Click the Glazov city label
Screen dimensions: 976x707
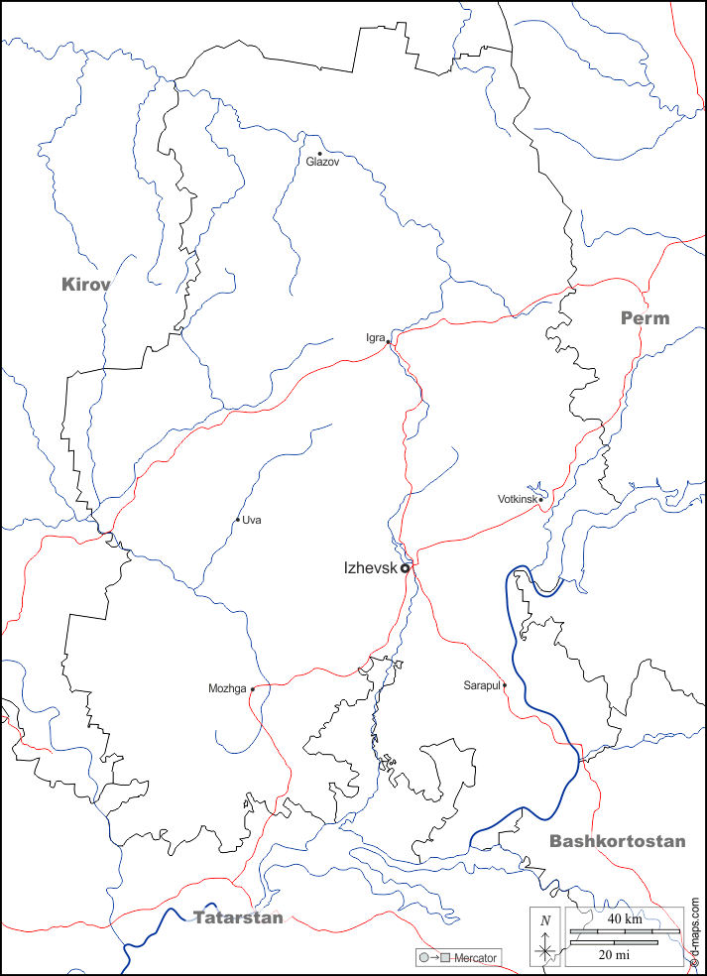[x=322, y=162]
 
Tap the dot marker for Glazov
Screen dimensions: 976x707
[x=319, y=153]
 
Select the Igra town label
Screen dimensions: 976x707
[x=375, y=338]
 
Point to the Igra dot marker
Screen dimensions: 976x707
[x=389, y=342]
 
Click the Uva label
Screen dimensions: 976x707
[x=252, y=520]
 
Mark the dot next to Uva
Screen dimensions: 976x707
[x=238, y=520]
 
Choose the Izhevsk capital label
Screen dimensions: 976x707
[x=370, y=568]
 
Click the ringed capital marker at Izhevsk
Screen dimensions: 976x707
[x=405, y=568]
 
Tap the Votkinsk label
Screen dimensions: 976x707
[x=517, y=499]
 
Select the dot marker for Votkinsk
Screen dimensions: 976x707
[x=540, y=499]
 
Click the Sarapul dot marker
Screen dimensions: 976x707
[x=504, y=684]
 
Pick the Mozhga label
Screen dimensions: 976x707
[x=227, y=688]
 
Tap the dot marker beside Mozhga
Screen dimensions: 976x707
[x=253, y=688]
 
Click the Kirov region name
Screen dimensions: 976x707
[x=86, y=285]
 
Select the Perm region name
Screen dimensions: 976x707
[x=645, y=318]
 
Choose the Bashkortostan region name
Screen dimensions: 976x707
[x=617, y=841]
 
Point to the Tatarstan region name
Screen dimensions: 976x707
[x=238, y=917]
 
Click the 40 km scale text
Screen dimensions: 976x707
[x=625, y=919]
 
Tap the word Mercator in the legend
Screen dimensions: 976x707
[x=476, y=958]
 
